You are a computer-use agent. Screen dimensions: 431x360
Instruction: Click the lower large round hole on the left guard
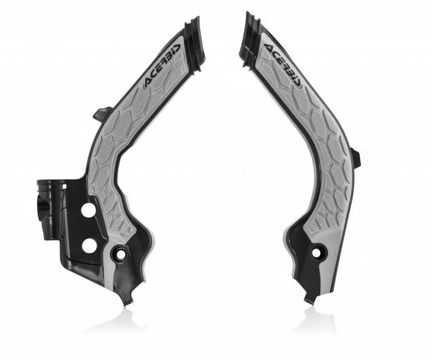click(x=89, y=246)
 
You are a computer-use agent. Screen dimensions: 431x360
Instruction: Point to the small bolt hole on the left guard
click(x=120, y=254)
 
